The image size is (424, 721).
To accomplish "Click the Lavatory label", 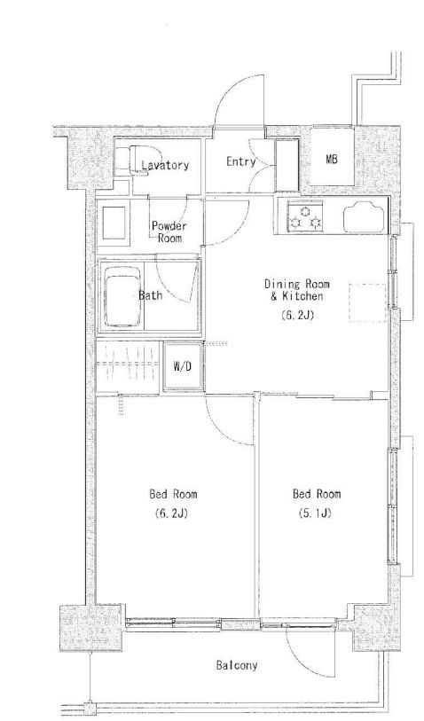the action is [165, 165].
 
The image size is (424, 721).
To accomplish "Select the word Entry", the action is [241, 161].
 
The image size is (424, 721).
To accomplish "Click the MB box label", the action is [332, 159].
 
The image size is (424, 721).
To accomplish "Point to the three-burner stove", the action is [305, 217].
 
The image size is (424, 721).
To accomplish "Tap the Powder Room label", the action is [169, 231].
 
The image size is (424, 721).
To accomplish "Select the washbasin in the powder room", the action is [114, 223].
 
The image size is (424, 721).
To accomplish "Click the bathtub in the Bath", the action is [122, 297].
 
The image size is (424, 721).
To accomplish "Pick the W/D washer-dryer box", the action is [183, 366].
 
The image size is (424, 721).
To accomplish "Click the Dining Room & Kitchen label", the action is [296, 290].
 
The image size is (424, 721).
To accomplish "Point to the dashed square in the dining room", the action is [367, 302].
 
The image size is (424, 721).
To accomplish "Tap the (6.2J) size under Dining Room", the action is [296, 315].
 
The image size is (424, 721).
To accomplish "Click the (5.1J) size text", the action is [316, 513].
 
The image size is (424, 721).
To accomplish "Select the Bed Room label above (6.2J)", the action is [173, 494].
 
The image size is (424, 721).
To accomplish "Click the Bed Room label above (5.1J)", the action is [317, 494].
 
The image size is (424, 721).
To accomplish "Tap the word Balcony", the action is [237, 665].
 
